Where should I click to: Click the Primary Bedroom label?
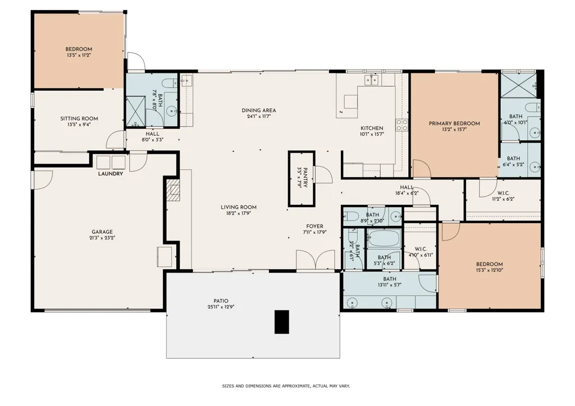coord(454,123)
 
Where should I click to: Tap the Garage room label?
coord(102,232)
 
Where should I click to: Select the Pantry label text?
coord(305,178)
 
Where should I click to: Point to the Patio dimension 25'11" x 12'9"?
coord(221,307)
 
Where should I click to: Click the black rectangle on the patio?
coord(282,322)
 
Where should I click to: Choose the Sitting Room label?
coord(79,119)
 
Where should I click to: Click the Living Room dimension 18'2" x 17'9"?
coord(239,213)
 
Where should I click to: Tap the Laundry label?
coord(111,174)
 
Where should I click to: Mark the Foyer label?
coord(314,226)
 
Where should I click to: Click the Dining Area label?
coord(259,110)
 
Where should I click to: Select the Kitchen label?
coord(372,128)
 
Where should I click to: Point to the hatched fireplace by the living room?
coord(174,190)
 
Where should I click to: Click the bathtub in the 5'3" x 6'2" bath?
coord(384,238)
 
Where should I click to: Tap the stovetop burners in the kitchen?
coord(401,125)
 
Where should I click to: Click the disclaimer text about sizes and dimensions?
coord(286,386)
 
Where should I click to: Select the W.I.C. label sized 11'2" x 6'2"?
coord(503,193)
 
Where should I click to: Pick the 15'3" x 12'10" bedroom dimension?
coord(490,270)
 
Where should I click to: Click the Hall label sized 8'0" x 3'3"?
coord(153,134)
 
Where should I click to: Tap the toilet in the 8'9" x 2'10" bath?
coord(351,216)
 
